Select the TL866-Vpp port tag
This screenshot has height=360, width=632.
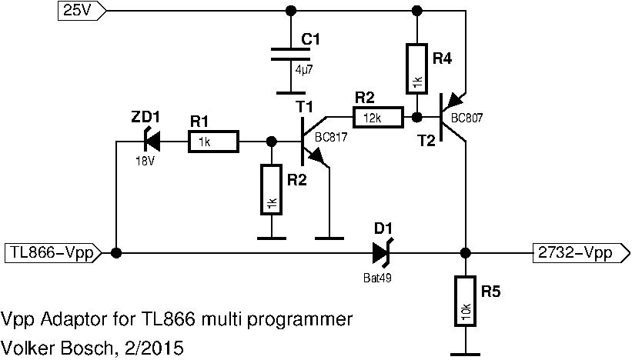click(x=51, y=253)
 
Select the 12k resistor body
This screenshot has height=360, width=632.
click(x=377, y=118)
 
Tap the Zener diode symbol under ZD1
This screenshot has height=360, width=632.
click(x=151, y=142)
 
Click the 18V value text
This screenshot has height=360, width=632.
click(x=143, y=161)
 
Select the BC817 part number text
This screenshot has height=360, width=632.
click(x=331, y=137)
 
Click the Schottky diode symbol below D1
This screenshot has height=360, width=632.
click(x=382, y=252)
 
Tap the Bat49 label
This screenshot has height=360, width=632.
click(x=378, y=278)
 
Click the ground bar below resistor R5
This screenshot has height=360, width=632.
click(x=464, y=355)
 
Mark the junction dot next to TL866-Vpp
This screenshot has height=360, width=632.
click(x=115, y=253)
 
